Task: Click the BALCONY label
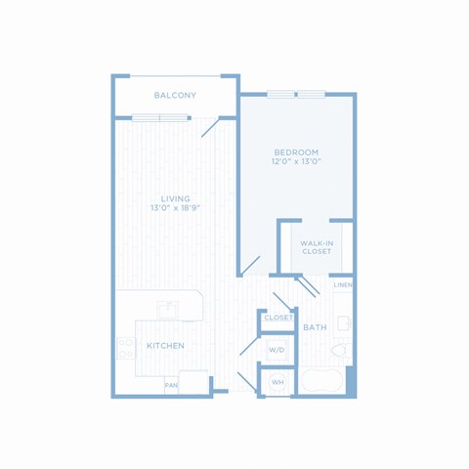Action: tap(175, 96)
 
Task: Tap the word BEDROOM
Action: tap(296, 152)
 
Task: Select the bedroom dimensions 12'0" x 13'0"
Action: tap(296, 161)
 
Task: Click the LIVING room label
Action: tap(175, 198)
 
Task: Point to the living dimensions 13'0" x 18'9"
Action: tap(175, 208)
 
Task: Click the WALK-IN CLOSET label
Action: tap(317, 247)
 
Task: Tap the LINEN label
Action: tap(343, 285)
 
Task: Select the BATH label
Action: tap(315, 327)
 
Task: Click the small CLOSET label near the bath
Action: tap(278, 318)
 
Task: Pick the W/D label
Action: tap(277, 350)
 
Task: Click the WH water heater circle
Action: tap(277, 382)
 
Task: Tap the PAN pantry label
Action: tap(171, 385)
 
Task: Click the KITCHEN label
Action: tap(165, 346)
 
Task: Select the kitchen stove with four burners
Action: tap(126, 348)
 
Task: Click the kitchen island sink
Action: tap(168, 310)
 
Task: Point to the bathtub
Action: tap(321, 381)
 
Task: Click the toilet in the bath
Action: tap(341, 351)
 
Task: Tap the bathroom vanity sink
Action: tap(344, 323)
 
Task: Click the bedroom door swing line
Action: tap(251, 265)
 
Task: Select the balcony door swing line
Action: tap(210, 128)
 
